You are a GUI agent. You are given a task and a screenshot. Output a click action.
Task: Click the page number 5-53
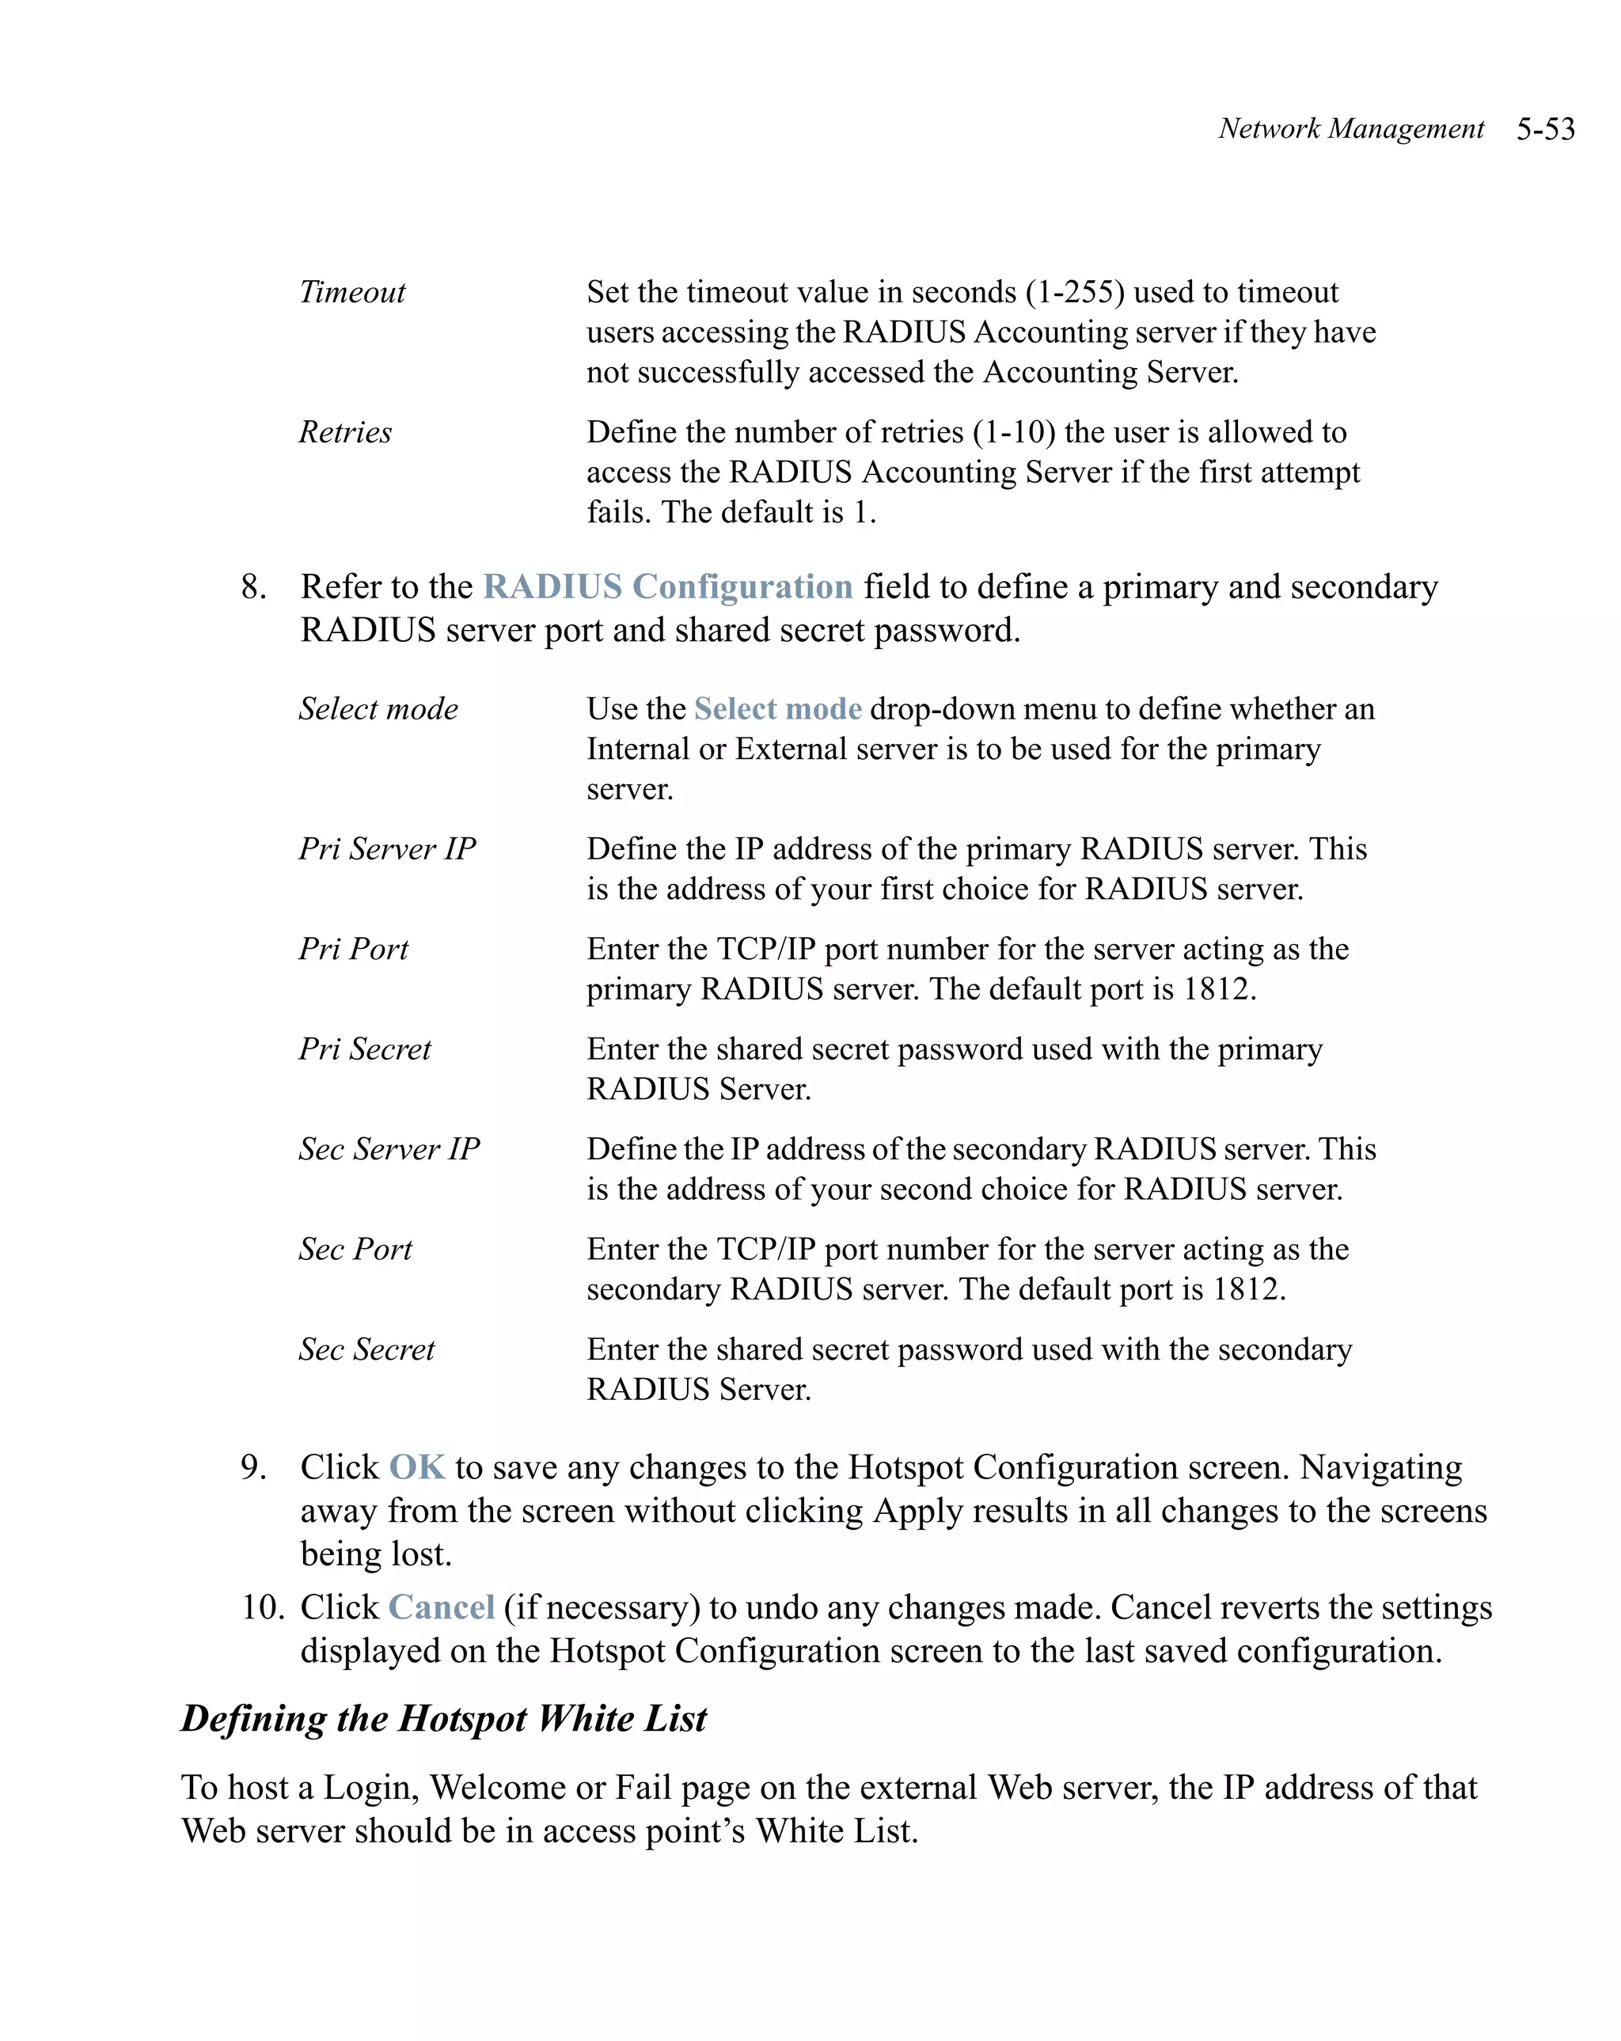1544,129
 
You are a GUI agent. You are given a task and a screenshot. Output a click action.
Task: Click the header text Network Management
1350,129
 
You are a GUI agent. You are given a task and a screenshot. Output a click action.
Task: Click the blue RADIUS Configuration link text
667,587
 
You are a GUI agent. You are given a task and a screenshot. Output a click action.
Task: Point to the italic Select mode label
378,709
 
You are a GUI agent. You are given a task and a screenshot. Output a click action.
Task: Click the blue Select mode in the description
777,709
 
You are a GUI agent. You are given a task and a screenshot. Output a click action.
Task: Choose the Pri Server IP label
387,849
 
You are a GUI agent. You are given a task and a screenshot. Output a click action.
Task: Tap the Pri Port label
353,949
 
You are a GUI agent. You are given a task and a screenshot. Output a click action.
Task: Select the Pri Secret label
365,1049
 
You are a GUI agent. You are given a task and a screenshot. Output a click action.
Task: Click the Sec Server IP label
389,1149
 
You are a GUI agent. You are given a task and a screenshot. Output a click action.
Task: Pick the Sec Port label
355,1250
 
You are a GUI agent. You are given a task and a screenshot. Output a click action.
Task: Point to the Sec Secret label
366,1349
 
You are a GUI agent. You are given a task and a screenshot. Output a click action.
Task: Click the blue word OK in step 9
416,1467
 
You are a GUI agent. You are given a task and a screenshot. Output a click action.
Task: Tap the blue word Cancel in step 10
441,1607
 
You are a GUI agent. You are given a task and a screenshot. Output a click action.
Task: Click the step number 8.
252,587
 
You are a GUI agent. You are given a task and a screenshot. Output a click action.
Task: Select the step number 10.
262,1607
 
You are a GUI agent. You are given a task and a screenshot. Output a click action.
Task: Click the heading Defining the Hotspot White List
443,1719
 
